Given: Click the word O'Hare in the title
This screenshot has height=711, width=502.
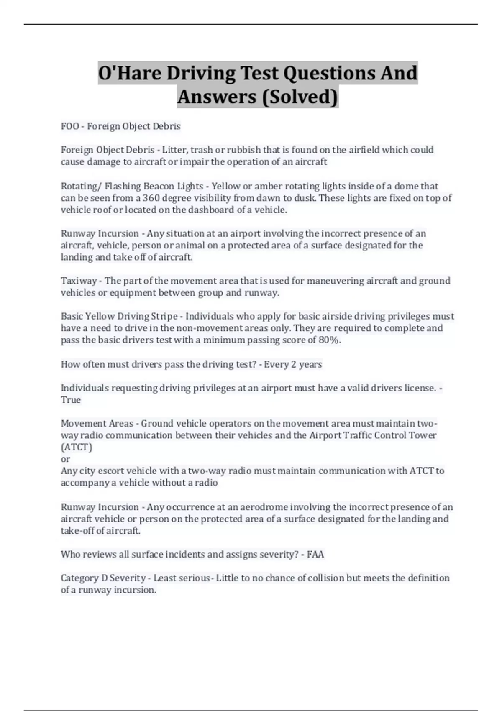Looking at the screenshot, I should coord(130,73).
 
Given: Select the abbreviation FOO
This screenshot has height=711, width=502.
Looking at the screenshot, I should coord(70,126).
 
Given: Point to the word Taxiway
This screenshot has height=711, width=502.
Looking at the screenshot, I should coord(79,281).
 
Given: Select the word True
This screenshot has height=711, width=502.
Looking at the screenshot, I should coord(71,400).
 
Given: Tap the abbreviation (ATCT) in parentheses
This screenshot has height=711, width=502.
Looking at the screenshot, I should coord(77,447).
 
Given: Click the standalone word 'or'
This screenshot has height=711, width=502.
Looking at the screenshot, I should coord(65,459).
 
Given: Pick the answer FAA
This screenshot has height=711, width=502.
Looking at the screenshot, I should coord(315,555).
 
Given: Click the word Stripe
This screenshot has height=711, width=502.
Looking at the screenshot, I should coord(161,316).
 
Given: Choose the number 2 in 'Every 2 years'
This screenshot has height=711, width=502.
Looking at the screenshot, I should coord(294,364).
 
